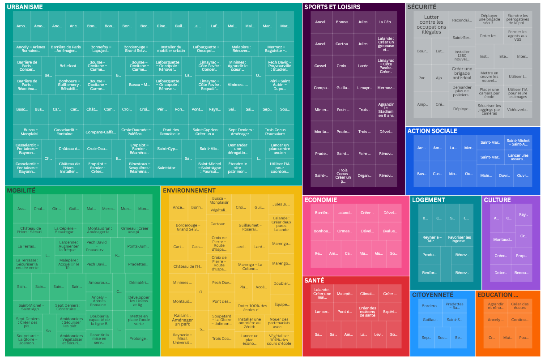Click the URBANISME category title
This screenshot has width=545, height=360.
click(25, 7)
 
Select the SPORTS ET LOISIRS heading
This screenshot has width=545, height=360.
click(332, 7)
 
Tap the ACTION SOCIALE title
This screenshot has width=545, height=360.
click(432, 131)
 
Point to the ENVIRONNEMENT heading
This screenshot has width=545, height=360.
click(189, 191)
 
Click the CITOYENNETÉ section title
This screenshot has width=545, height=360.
click(433, 295)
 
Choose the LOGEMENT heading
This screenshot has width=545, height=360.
click(429, 200)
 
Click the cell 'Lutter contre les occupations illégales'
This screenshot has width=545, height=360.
click(431, 24)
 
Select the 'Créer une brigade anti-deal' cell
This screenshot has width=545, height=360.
click(462, 73)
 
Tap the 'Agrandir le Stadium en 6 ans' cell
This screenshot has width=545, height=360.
click(386, 110)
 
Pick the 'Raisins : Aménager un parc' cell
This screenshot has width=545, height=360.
click(183, 320)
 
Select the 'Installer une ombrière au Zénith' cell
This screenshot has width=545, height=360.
click(249, 322)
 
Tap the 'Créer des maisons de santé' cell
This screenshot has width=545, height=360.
click(367, 312)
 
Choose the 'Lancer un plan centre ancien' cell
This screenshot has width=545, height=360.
click(280, 148)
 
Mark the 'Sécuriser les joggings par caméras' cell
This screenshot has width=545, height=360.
click(489, 110)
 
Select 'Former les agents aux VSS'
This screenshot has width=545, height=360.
click(518, 35)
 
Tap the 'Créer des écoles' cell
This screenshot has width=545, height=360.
click(520, 306)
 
